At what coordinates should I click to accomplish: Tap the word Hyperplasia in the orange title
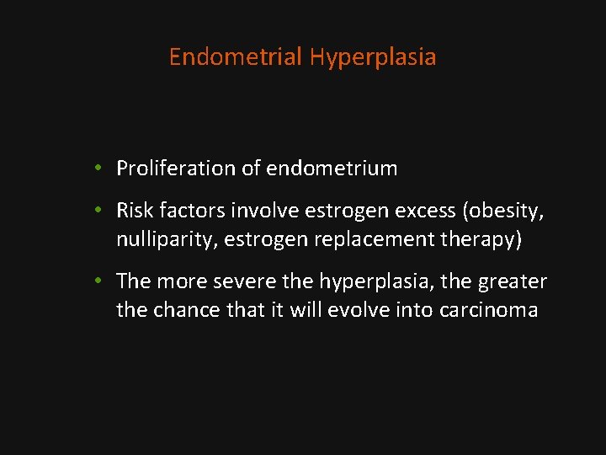(373, 57)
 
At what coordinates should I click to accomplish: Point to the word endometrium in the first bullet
(332, 169)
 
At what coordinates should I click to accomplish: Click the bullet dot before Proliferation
(98, 169)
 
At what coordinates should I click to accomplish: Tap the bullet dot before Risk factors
(98, 211)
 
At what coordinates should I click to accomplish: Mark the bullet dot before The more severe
(98, 281)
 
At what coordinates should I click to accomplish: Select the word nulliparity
(165, 239)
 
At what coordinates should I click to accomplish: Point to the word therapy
(482, 239)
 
